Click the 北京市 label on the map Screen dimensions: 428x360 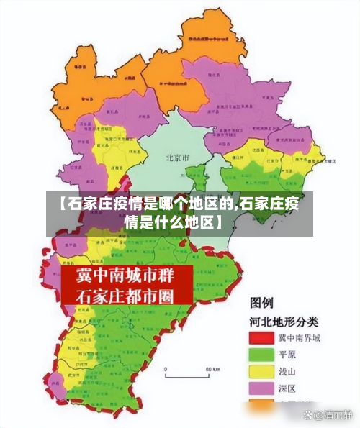177,157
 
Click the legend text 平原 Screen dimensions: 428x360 290,355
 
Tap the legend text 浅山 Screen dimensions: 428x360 290,372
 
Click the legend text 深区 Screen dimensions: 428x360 290,389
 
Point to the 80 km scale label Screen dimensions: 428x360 212,368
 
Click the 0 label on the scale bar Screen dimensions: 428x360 166,368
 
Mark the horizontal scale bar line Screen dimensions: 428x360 189,375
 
